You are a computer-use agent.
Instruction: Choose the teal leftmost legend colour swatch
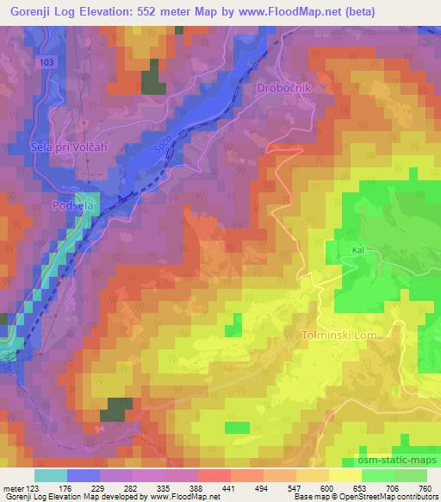point(51,474)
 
